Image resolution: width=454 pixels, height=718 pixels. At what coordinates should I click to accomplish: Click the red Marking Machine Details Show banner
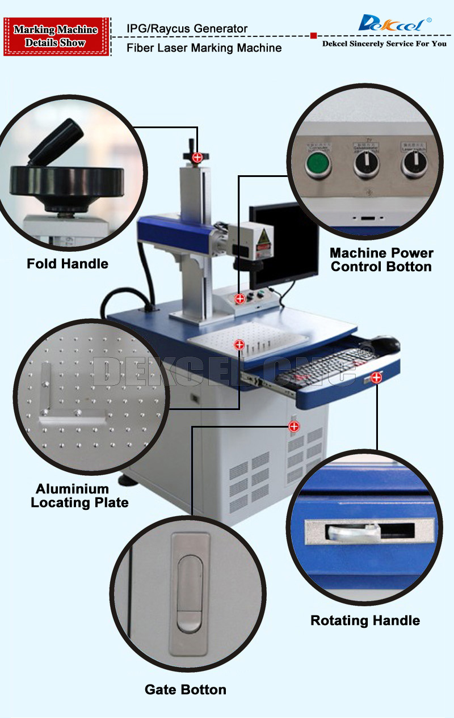pyautogui.click(x=56, y=36)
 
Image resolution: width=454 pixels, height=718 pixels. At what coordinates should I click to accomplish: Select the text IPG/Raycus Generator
pyautogui.click(x=187, y=28)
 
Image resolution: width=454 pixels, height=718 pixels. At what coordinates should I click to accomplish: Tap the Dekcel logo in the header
pyautogui.click(x=395, y=24)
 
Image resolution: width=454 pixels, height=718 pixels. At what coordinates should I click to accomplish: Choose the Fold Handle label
pyautogui.click(x=68, y=264)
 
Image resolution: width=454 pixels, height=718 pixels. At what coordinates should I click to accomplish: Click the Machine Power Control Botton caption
pyautogui.click(x=381, y=260)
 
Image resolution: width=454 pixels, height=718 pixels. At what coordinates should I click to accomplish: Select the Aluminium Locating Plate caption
pyautogui.click(x=79, y=496)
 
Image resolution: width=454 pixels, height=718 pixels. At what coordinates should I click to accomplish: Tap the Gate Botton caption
pyautogui.click(x=186, y=690)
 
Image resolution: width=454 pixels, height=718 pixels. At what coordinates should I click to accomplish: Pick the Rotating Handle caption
pyautogui.click(x=365, y=620)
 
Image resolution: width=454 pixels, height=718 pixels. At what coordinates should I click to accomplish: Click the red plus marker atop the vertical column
pyautogui.click(x=197, y=158)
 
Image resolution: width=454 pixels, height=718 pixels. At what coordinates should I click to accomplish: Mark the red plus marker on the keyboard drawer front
pyautogui.click(x=376, y=378)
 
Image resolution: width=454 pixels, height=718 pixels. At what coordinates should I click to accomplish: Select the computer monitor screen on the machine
pyautogui.click(x=284, y=244)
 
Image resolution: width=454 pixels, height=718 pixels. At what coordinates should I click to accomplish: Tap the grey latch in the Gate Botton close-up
pyautogui.click(x=190, y=593)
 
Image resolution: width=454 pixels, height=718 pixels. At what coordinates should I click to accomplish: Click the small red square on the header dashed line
pyautogui.click(x=313, y=36)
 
